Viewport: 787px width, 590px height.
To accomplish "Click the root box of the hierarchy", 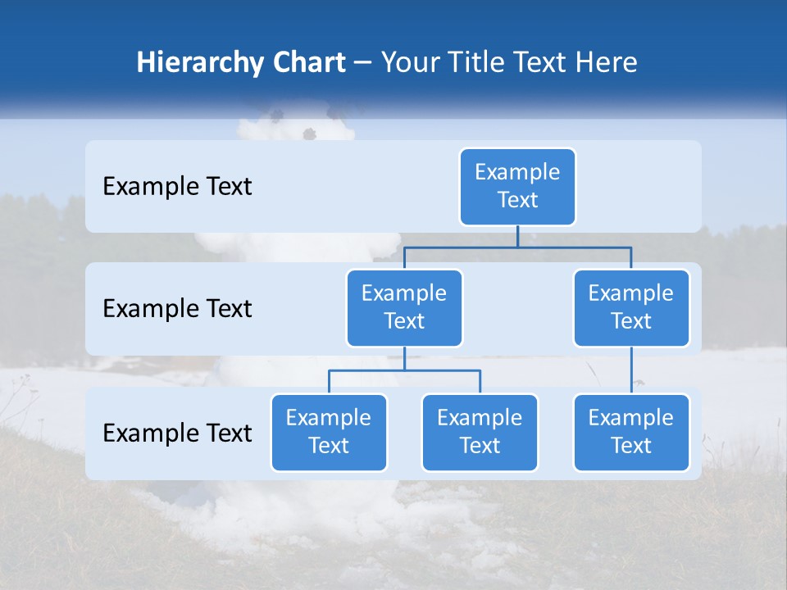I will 517,186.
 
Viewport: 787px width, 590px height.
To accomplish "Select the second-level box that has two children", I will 404,307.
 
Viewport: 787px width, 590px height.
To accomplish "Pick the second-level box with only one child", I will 631,307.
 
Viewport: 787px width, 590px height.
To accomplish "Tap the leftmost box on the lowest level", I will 329,432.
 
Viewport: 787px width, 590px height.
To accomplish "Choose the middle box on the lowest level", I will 480,432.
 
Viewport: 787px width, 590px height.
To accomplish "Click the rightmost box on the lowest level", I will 631,432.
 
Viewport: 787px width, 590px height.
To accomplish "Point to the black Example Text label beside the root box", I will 177,187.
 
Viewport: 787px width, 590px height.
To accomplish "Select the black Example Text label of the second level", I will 177,309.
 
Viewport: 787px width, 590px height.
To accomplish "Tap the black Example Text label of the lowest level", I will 177,433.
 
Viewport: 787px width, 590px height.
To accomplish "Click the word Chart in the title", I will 307,62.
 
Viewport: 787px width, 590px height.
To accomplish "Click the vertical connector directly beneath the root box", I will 517,236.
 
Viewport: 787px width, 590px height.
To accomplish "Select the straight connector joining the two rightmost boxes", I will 631,370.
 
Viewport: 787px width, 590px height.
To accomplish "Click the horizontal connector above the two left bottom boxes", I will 404,370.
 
